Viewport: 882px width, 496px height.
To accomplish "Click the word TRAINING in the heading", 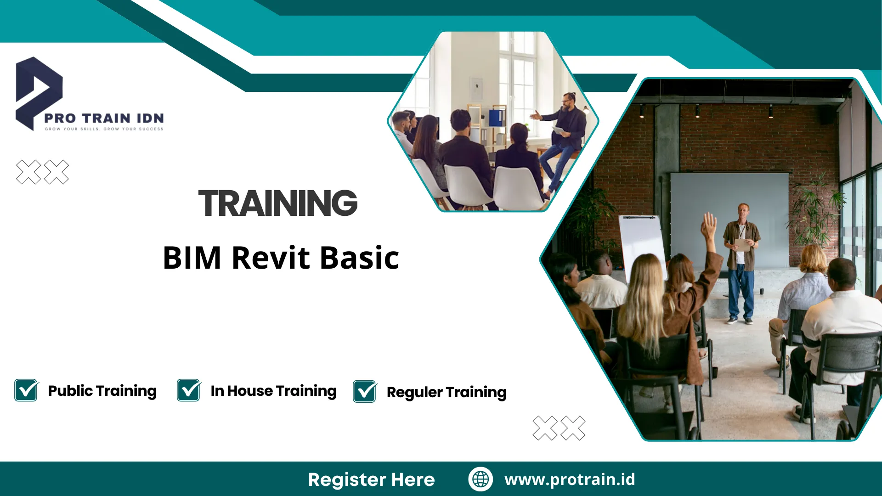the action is click(x=278, y=203).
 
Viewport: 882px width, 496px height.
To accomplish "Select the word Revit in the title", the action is click(x=271, y=258).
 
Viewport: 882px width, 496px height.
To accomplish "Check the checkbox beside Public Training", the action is click(x=26, y=390).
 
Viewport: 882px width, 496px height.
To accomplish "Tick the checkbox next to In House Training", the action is click(x=189, y=390).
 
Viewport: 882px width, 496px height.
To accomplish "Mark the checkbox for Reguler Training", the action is click(x=365, y=392).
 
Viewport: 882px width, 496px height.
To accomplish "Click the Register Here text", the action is click(x=371, y=479).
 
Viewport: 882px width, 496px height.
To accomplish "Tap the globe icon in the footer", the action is click(x=481, y=479).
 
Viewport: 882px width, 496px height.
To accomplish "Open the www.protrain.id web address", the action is click(x=570, y=479).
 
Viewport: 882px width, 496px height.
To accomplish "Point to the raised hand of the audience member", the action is click(x=709, y=225).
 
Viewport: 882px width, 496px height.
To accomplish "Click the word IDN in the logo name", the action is click(x=150, y=118).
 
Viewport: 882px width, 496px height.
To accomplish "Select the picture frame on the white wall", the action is click(x=476, y=88).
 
